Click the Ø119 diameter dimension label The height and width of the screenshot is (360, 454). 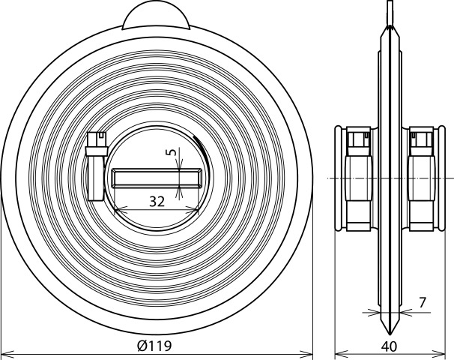154,345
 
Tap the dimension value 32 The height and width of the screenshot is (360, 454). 157,202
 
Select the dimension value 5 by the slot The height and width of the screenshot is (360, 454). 172,152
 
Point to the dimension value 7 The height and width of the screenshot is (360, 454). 423,302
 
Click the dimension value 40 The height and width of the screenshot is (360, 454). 389,346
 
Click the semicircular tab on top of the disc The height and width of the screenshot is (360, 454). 156,17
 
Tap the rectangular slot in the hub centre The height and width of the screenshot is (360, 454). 157,178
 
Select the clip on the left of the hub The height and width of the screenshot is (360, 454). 97,166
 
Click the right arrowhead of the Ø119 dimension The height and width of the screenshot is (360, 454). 306,354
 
